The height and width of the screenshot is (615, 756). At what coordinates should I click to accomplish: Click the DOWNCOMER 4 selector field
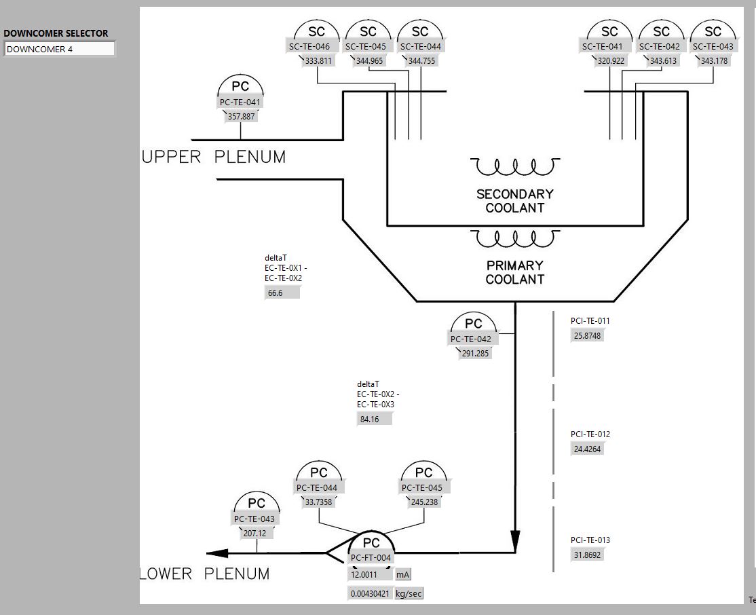[x=60, y=49]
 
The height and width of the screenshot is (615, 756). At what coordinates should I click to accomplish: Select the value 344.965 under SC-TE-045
[x=368, y=61]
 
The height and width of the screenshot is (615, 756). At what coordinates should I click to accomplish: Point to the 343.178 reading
[x=713, y=61]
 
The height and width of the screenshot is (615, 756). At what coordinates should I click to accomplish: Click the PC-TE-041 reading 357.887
[x=241, y=117]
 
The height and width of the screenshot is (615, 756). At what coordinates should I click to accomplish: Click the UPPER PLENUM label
[x=214, y=157]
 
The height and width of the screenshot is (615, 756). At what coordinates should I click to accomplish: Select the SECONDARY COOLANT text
[x=514, y=201]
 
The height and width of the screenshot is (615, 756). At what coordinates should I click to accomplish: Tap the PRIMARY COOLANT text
[x=514, y=272]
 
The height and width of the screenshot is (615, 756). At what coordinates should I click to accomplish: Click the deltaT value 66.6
[x=282, y=293]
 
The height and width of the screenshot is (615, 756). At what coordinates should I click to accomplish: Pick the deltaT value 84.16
[x=374, y=420]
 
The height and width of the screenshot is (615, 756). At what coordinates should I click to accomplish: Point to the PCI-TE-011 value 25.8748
[x=588, y=336]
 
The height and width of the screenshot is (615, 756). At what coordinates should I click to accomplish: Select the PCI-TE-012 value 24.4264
[x=588, y=449]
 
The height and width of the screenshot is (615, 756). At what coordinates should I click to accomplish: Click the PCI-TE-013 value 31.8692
[x=588, y=555]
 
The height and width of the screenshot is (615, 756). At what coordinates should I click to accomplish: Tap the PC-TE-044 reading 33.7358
[x=318, y=502]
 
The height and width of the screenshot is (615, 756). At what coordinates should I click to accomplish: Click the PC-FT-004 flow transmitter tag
[x=371, y=558]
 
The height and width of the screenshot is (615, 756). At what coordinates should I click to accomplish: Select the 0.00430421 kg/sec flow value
[x=370, y=594]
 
